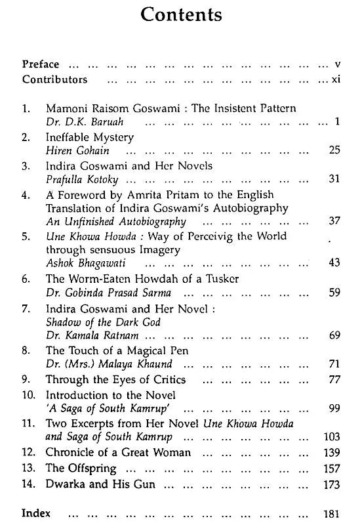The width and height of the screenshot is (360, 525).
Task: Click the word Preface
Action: coord(41,64)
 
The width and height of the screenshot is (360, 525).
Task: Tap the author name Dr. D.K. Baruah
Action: coord(77,122)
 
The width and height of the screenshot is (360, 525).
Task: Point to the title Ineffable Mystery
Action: coord(90,138)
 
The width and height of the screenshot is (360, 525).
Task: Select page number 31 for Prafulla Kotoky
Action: coord(334,180)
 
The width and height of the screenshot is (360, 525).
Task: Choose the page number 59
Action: coord(334,293)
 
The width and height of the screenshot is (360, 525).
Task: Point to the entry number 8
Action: coord(26,351)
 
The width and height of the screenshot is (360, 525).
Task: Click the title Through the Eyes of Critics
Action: coord(115,379)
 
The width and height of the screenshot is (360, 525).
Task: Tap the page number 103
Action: coord(332,437)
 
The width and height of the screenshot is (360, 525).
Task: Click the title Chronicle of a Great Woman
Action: coord(118,453)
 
